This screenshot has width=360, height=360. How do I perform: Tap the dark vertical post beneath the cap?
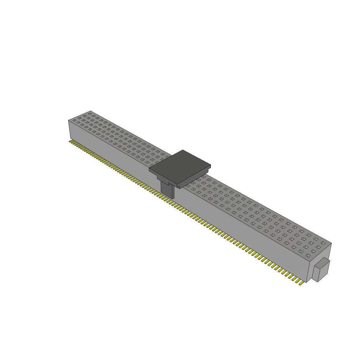click(x=167, y=190)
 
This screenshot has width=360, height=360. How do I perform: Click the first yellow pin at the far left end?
click(x=70, y=141)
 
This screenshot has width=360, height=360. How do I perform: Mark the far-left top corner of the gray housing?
click(x=90, y=111)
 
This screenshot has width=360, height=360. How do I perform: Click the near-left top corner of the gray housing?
click(x=69, y=121)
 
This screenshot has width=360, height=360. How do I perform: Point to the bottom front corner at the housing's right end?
click(x=306, y=282)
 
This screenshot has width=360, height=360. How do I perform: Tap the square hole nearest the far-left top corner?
click(x=90, y=114)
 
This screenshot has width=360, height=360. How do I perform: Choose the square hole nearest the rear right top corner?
click(x=323, y=243)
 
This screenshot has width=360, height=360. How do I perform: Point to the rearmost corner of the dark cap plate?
click(x=182, y=150)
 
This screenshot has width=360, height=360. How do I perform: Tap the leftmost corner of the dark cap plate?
click(x=149, y=169)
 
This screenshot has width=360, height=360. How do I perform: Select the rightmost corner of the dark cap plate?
click(x=211, y=165)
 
